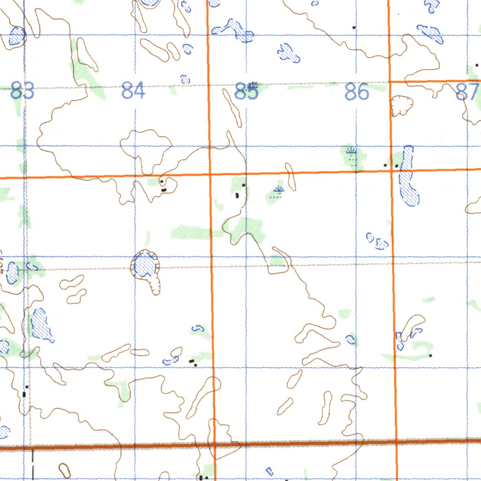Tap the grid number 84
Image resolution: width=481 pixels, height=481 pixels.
(133, 90)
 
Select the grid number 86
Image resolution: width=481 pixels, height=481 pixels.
(357, 92)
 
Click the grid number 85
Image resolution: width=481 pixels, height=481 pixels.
(246, 91)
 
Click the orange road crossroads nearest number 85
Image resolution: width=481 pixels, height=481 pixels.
(209, 175)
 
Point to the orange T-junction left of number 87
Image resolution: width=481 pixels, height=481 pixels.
(390, 82)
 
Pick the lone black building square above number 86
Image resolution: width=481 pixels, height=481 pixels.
(354, 28)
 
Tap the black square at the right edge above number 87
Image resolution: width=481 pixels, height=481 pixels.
(477, 65)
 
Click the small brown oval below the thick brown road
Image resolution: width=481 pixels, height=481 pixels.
(64, 470)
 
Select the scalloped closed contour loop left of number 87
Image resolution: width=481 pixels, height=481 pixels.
(402, 105)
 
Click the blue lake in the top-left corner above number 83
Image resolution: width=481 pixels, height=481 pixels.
(17, 36)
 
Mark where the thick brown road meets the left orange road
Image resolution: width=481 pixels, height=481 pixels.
(213, 444)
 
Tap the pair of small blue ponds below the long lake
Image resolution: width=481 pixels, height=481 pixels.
(377, 241)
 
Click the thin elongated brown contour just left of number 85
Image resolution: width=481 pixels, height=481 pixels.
(233, 108)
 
